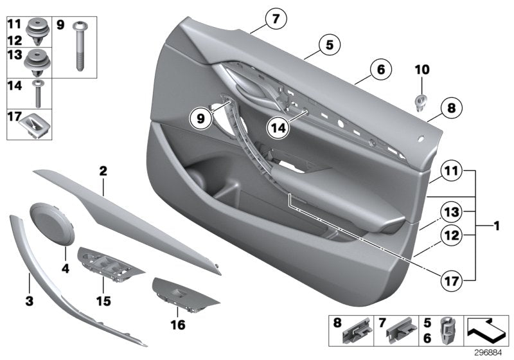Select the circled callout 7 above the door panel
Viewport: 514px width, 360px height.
point(275,19)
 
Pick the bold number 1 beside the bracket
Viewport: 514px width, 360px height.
point(495,226)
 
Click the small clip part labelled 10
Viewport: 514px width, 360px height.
point(421,102)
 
